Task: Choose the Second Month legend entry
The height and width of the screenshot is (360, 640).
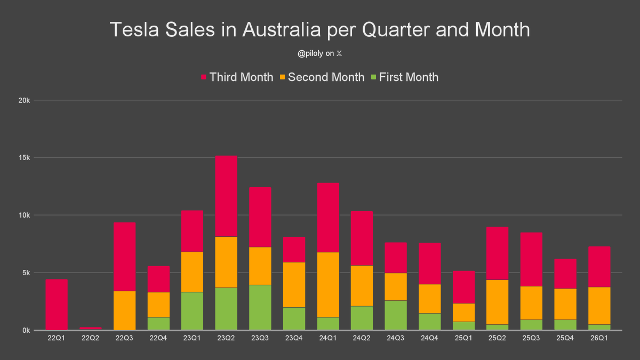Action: pyautogui.click(x=326, y=77)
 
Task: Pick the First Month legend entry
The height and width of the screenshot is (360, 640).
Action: pyautogui.click(x=409, y=77)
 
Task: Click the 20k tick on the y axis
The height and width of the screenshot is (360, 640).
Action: pyautogui.click(x=25, y=100)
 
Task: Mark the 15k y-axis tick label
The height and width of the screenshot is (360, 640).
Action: pyautogui.click(x=25, y=158)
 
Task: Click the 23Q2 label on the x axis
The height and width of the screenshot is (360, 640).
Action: pyautogui.click(x=226, y=339)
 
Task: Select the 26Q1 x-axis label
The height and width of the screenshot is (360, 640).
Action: pyautogui.click(x=599, y=339)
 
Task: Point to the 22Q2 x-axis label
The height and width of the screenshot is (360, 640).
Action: pyautogui.click(x=91, y=339)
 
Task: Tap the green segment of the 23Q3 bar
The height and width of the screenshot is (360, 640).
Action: pyautogui.click(x=260, y=308)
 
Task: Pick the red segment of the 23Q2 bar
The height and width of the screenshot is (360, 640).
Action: pyautogui.click(x=226, y=196)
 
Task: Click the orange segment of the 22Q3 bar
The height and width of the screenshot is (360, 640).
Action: pyautogui.click(x=124, y=310)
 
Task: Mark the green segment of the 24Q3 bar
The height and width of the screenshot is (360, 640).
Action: pyautogui.click(x=395, y=315)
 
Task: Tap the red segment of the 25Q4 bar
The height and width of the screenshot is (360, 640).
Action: pyautogui.click(x=565, y=274)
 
